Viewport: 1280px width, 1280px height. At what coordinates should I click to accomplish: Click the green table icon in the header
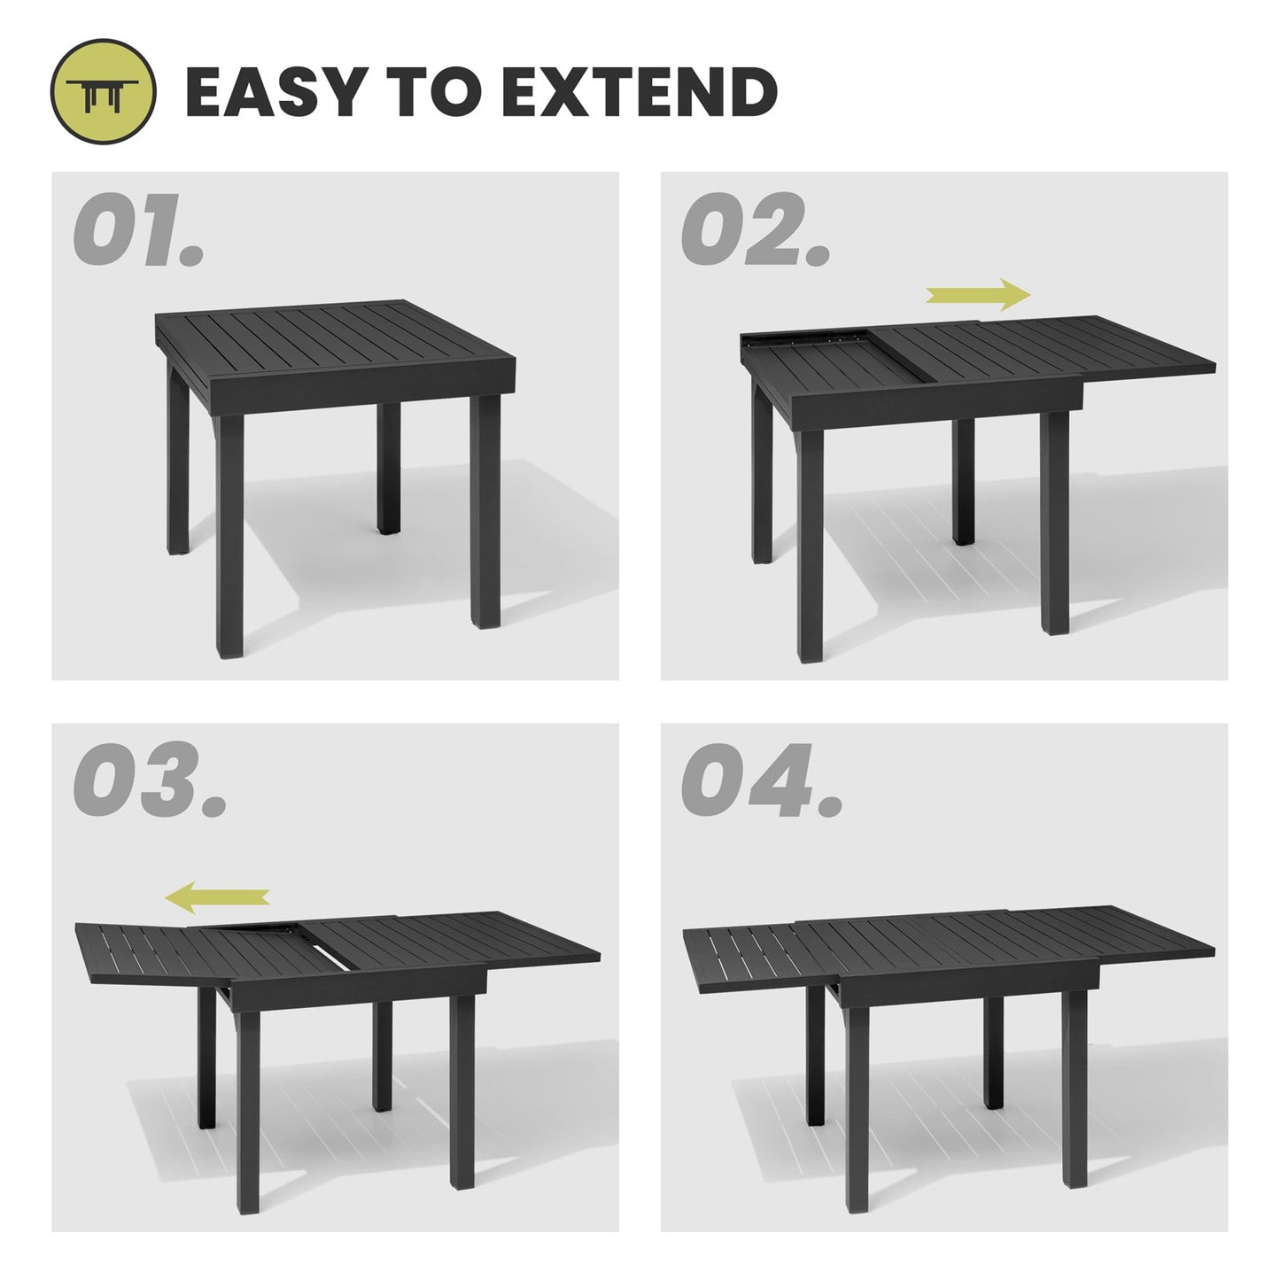tap(104, 92)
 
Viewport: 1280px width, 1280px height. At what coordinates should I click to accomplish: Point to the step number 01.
tap(137, 231)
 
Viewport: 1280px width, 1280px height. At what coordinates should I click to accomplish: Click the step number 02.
tap(755, 231)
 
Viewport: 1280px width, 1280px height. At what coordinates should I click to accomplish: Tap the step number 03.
tap(148, 782)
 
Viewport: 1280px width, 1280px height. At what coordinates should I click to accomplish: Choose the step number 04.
tap(761, 782)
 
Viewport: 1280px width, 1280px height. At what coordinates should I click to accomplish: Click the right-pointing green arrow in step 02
tap(978, 295)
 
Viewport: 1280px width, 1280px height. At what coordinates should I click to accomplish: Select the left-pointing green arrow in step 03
tap(218, 896)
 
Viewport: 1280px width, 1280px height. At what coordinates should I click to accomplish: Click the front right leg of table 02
tap(1055, 523)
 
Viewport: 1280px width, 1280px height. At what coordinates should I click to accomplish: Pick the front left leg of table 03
tap(249, 1107)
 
